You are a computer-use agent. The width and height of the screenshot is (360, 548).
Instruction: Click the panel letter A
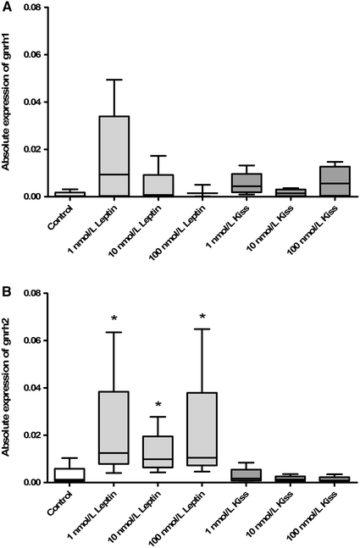(x=6, y=7)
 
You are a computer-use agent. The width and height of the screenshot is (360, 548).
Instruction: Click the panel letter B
(x=6, y=293)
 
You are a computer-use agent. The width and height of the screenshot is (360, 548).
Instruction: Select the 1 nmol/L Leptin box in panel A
(x=114, y=156)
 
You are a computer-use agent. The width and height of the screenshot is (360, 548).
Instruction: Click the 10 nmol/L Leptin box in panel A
(x=158, y=185)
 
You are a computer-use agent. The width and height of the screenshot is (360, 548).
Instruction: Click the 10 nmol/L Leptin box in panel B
(x=158, y=452)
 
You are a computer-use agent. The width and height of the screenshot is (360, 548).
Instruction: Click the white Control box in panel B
(x=69, y=474)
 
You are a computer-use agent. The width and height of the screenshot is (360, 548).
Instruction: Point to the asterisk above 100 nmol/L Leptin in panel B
(x=202, y=318)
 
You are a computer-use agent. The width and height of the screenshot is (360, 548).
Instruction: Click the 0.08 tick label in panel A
(x=32, y=8)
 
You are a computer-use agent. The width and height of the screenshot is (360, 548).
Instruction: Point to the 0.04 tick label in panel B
(x=32, y=388)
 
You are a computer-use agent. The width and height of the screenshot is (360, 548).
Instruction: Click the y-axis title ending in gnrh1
(x=8, y=102)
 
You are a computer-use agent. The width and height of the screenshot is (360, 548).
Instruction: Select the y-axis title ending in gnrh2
(x=8, y=388)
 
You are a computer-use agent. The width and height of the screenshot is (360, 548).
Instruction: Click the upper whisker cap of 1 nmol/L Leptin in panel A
(x=114, y=80)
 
